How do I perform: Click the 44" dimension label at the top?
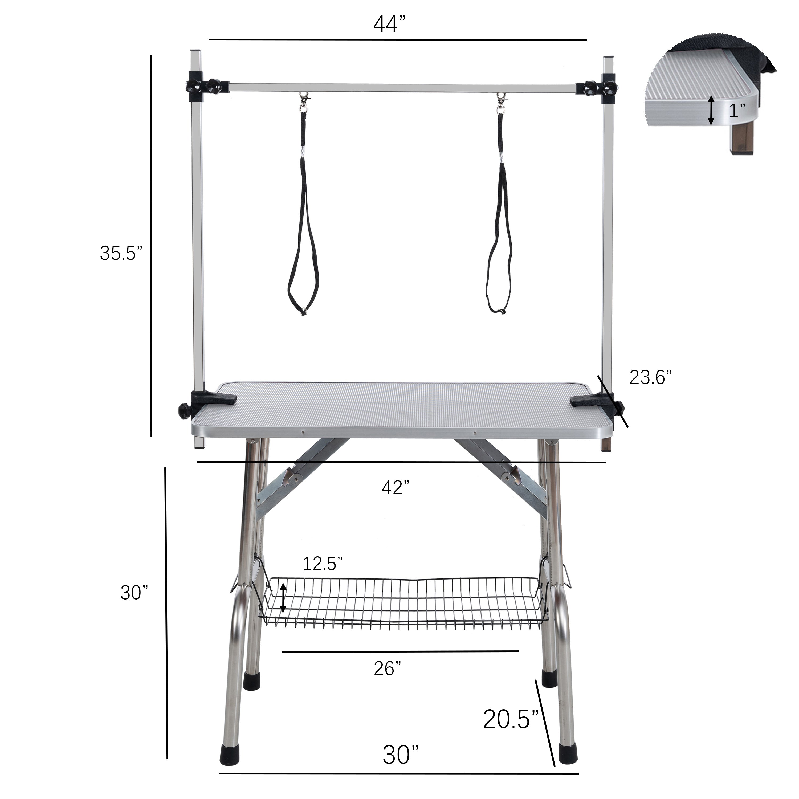coord(391,24)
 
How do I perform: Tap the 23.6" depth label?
coord(650,377)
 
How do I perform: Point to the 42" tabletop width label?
coord(395,488)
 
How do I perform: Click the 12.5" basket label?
coord(323,563)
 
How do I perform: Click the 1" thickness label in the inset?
coord(737,111)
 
